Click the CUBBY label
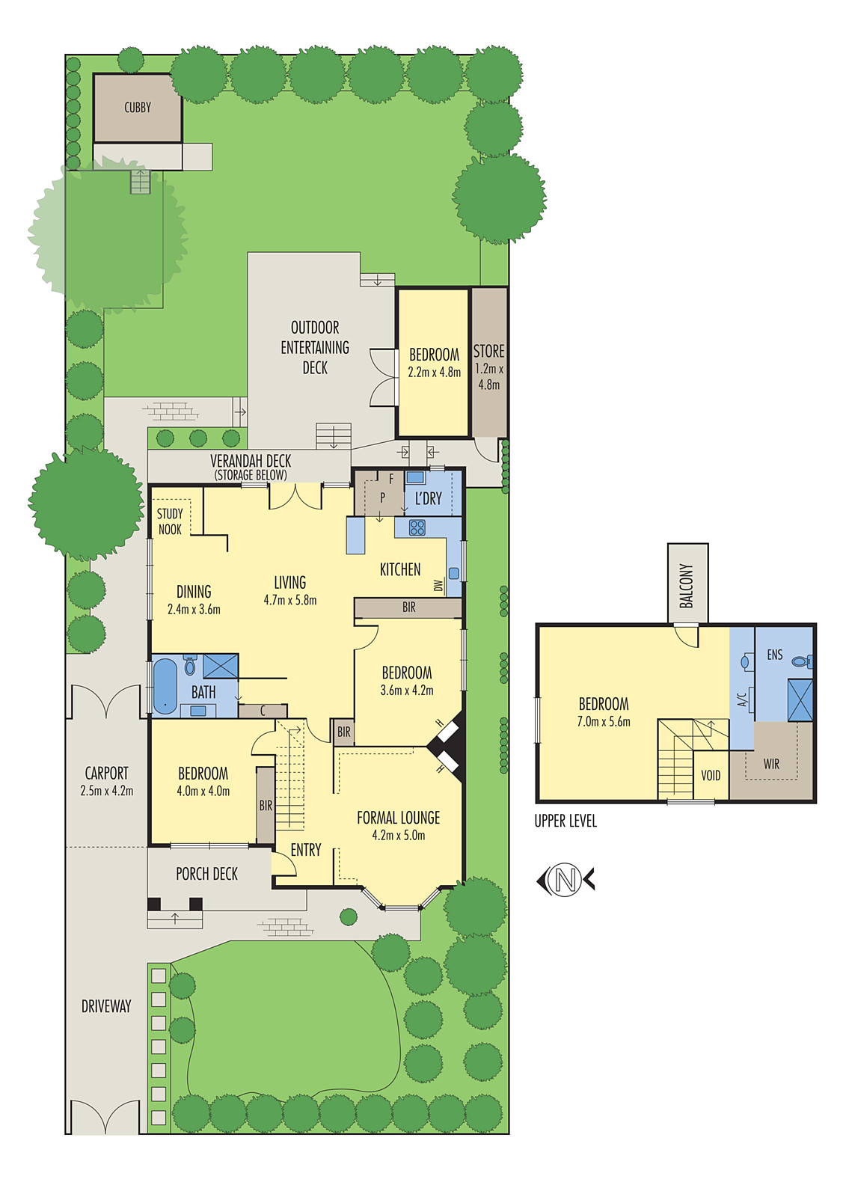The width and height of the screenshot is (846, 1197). click(x=138, y=108)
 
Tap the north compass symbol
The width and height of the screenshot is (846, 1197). click(x=566, y=880)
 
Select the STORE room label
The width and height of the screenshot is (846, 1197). click(x=488, y=351)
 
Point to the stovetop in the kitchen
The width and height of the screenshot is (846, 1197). click(x=417, y=528)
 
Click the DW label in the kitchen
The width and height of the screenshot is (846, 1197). click(x=438, y=586)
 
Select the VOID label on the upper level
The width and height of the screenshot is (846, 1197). click(x=711, y=775)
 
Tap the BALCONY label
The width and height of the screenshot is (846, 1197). click(x=687, y=585)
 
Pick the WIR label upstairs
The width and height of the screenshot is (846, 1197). click(x=771, y=764)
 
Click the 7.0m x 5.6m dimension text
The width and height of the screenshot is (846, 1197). click(x=604, y=722)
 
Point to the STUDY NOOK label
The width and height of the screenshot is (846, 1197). click(x=170, y=521)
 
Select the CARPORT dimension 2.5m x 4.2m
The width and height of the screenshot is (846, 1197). click(x=106, y=791)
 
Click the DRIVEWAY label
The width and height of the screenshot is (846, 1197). click(x=106, y=1006)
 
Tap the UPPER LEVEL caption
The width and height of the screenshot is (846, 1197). click(x=565, y=821)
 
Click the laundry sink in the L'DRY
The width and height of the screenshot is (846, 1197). click(x=416, y=477)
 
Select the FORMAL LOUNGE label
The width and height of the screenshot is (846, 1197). click(x=398, y=818)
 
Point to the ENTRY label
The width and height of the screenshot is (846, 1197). click(x=306, y=850)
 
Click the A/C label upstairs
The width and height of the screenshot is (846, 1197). click(x=742, y=699)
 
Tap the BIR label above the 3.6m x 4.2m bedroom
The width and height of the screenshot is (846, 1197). click(x=408, y=607)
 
